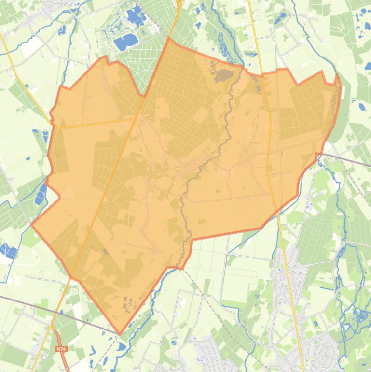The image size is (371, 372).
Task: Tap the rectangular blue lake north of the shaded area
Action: point(125,42)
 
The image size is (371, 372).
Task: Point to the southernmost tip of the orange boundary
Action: point(120,334)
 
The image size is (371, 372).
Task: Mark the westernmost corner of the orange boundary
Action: point(32,224)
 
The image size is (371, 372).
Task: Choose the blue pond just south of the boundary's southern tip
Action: point(122,347)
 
